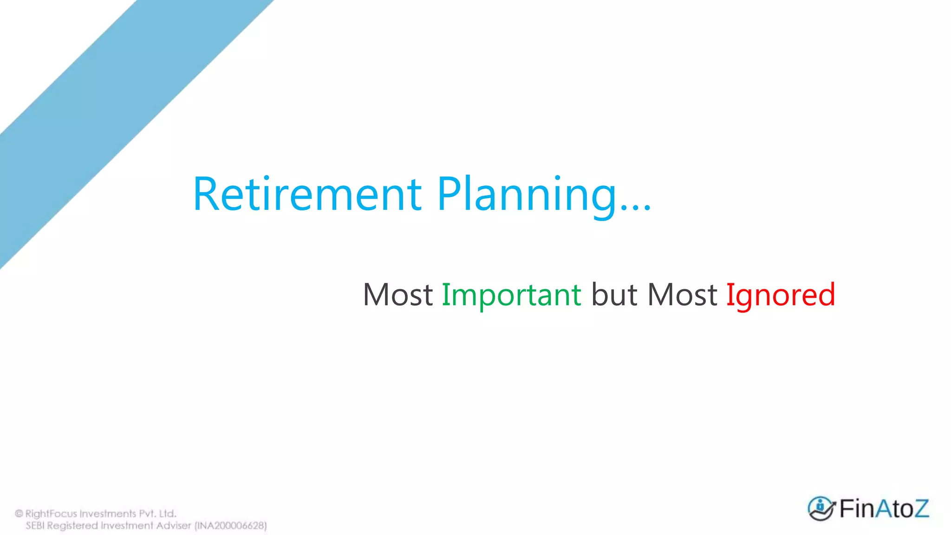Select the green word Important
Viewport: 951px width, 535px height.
[x=511, y=295]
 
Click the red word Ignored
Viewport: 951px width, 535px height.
[x=781, y=295]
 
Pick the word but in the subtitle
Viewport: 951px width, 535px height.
[x=614, y=295]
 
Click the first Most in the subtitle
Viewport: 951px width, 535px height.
[x=398, y=295]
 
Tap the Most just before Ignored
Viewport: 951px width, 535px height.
[x=682, y=295]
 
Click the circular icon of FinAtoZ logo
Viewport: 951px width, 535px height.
[x=821, y=509]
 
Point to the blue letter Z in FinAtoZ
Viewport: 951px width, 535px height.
[x=919, y=509]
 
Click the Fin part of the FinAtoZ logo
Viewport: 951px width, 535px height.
[x=857, y=509]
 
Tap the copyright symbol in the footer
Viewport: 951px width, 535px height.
[x=19, y=514]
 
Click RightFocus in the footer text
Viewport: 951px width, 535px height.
[x=51, y=514]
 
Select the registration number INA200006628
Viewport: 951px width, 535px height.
[x=231, y=526]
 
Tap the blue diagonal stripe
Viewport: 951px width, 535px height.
[x=116, y=116]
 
